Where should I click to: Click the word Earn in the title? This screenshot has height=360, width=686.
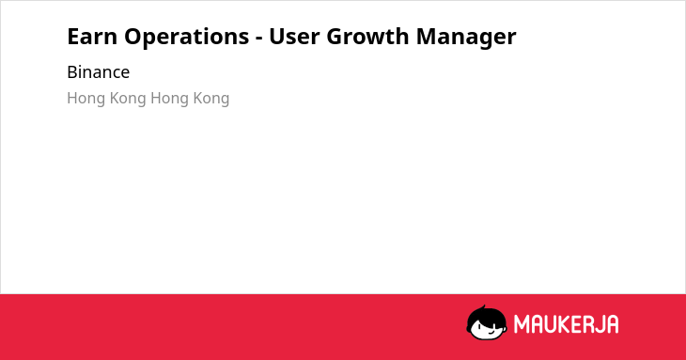(x=92, y=37)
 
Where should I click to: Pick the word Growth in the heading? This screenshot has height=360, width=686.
(x=368, y=37)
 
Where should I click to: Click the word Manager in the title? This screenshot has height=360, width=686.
(x=466, y=38)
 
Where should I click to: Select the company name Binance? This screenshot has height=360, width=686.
(x=99, y=72)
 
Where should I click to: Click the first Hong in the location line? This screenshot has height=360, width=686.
(x=86, y=99)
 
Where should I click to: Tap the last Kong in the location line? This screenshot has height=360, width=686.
(x=210, y=99)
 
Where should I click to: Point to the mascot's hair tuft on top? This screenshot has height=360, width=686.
(x=483, y=308)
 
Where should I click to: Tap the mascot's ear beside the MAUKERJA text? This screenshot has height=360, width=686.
(x=505, y=325)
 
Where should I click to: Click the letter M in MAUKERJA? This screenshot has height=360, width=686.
(x=522, y=324)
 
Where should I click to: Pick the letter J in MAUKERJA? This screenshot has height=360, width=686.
(x=598, y=324)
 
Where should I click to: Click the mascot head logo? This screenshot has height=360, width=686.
(x=487, y=323)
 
